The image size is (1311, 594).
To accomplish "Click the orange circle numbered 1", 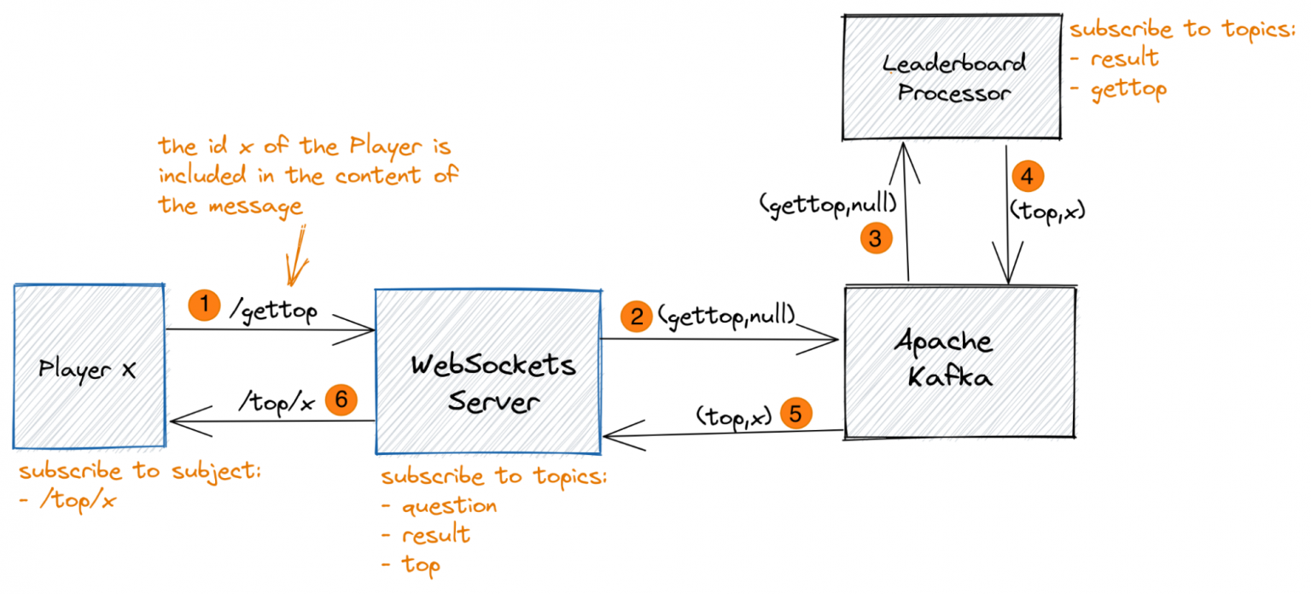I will click(203, 304).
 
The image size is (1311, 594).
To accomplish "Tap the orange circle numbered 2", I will click(637, 317).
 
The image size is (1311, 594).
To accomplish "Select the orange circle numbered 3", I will click(875, 239).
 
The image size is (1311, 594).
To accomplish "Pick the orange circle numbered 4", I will click(1028, 178).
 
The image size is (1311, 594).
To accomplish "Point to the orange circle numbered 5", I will click(795, 415).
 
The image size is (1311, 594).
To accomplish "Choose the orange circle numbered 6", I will click(341, 399).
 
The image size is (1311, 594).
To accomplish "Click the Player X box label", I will click(87, 370).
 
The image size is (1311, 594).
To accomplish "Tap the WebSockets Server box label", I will click(493, 383).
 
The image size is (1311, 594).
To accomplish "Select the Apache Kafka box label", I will click(944, 358).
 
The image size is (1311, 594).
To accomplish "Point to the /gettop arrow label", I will click(273, 312).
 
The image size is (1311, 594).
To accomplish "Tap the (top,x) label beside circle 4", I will click(1046, 209).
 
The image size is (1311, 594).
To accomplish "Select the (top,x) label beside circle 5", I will click(734, 416).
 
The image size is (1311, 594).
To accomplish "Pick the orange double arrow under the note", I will click(300, 254).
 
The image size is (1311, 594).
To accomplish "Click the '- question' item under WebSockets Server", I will click(440, 506).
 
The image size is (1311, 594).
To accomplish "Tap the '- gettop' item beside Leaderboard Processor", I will click(1117, 89).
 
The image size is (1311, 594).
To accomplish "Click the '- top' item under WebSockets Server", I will click(411, 565).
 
